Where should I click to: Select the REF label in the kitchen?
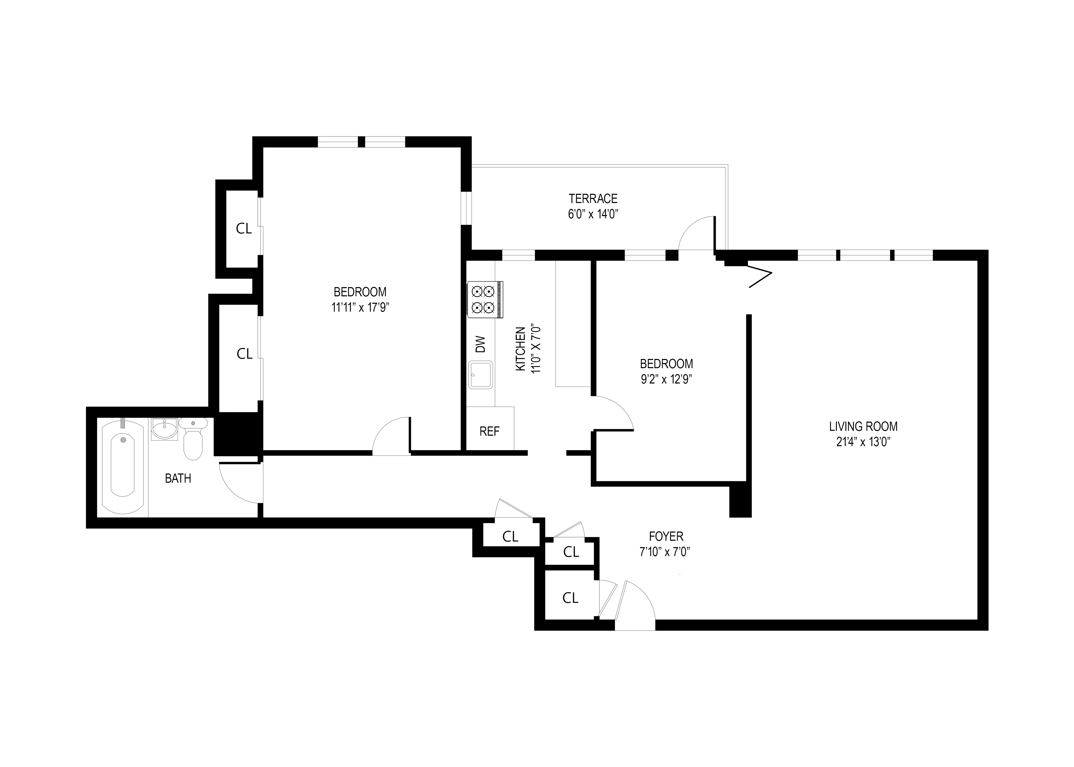[x=489, y=431]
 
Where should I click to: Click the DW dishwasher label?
[x=480, y=344]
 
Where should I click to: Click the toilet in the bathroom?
[x=193, y=438]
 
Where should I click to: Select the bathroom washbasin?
[x=164, y=429]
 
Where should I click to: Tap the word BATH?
[x=178, y=478]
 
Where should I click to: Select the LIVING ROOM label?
[x=863, y=426]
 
